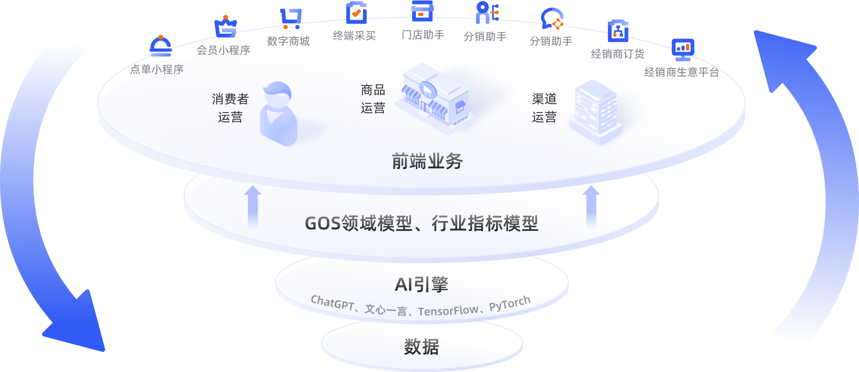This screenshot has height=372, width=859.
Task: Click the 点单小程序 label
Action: (x=156, y=69)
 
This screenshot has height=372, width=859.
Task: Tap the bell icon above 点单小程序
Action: (x=161, y=45)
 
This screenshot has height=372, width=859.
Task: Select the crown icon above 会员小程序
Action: (x=225, y=27)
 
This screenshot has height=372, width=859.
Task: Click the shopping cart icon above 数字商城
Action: (x=291, y=18)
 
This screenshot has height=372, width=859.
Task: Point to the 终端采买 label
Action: (x=354, y=36)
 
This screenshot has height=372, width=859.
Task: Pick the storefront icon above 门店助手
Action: (x=422, y=11)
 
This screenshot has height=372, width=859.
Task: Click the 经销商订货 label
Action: (x=617, y=54)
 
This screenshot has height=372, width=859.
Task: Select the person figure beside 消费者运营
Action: (x=278, y=114)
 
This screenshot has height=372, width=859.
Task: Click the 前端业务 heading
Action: (x=427, y=161)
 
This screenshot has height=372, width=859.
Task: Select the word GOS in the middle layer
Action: (x=323, y=223)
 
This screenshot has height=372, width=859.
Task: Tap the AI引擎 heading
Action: (x=421, y=284)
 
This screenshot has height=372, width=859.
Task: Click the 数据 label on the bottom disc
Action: (x=421, y=346)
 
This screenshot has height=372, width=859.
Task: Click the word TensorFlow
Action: (x=448, y=311)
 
